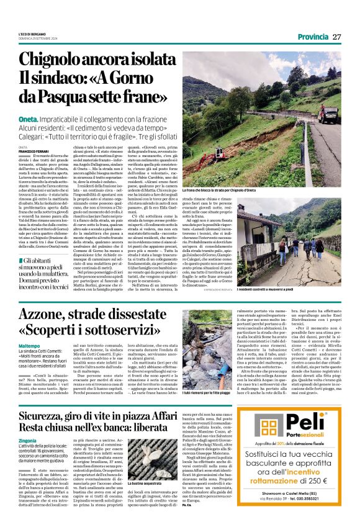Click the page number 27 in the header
(x=337, y=37)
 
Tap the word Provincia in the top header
(x=312, y=37)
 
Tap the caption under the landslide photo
(x=220, y=190)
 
